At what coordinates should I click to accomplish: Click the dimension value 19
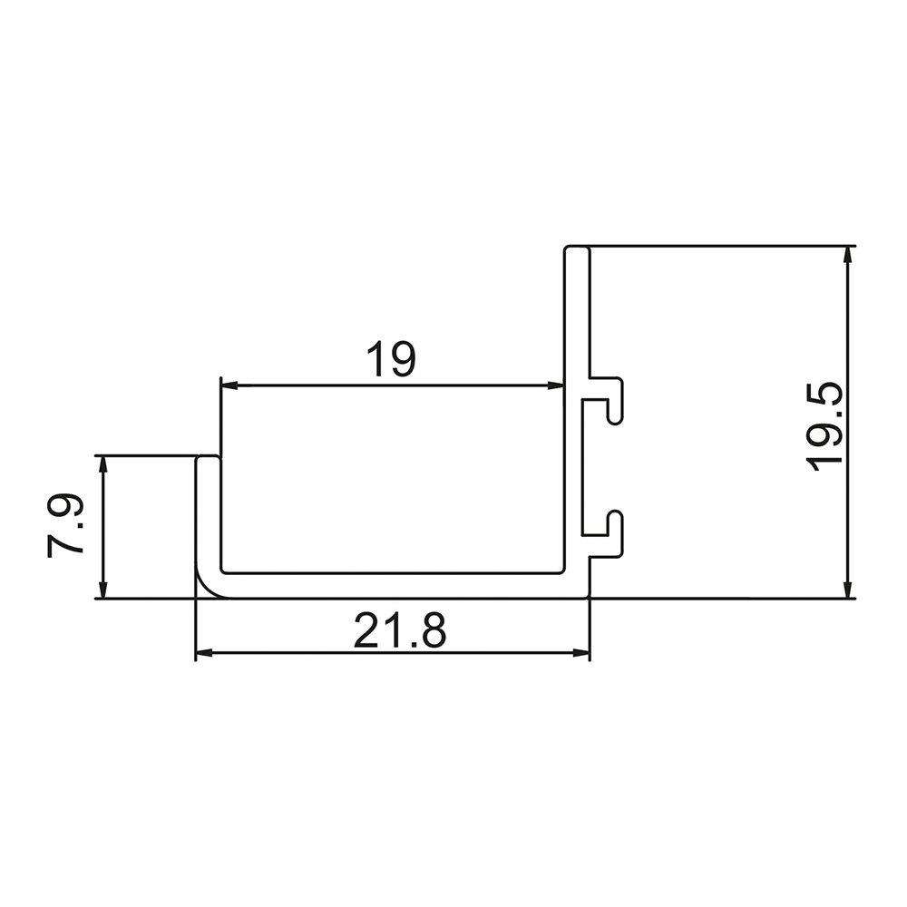point(391,359)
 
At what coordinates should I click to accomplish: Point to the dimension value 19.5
point(827,424)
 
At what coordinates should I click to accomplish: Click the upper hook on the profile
point(613,399)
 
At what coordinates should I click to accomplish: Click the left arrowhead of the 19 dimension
point(229,385)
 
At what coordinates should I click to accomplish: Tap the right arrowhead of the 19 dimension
point(556,385)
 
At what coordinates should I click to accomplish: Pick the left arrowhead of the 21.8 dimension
point(203,652)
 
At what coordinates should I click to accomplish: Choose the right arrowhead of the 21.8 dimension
point(582,652)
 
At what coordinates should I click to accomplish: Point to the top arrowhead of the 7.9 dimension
point(103,463)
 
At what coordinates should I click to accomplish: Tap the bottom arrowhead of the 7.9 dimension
point(103,591)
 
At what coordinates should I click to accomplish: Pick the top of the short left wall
point(208,460)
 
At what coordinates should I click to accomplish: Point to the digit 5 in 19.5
point(827,396)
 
